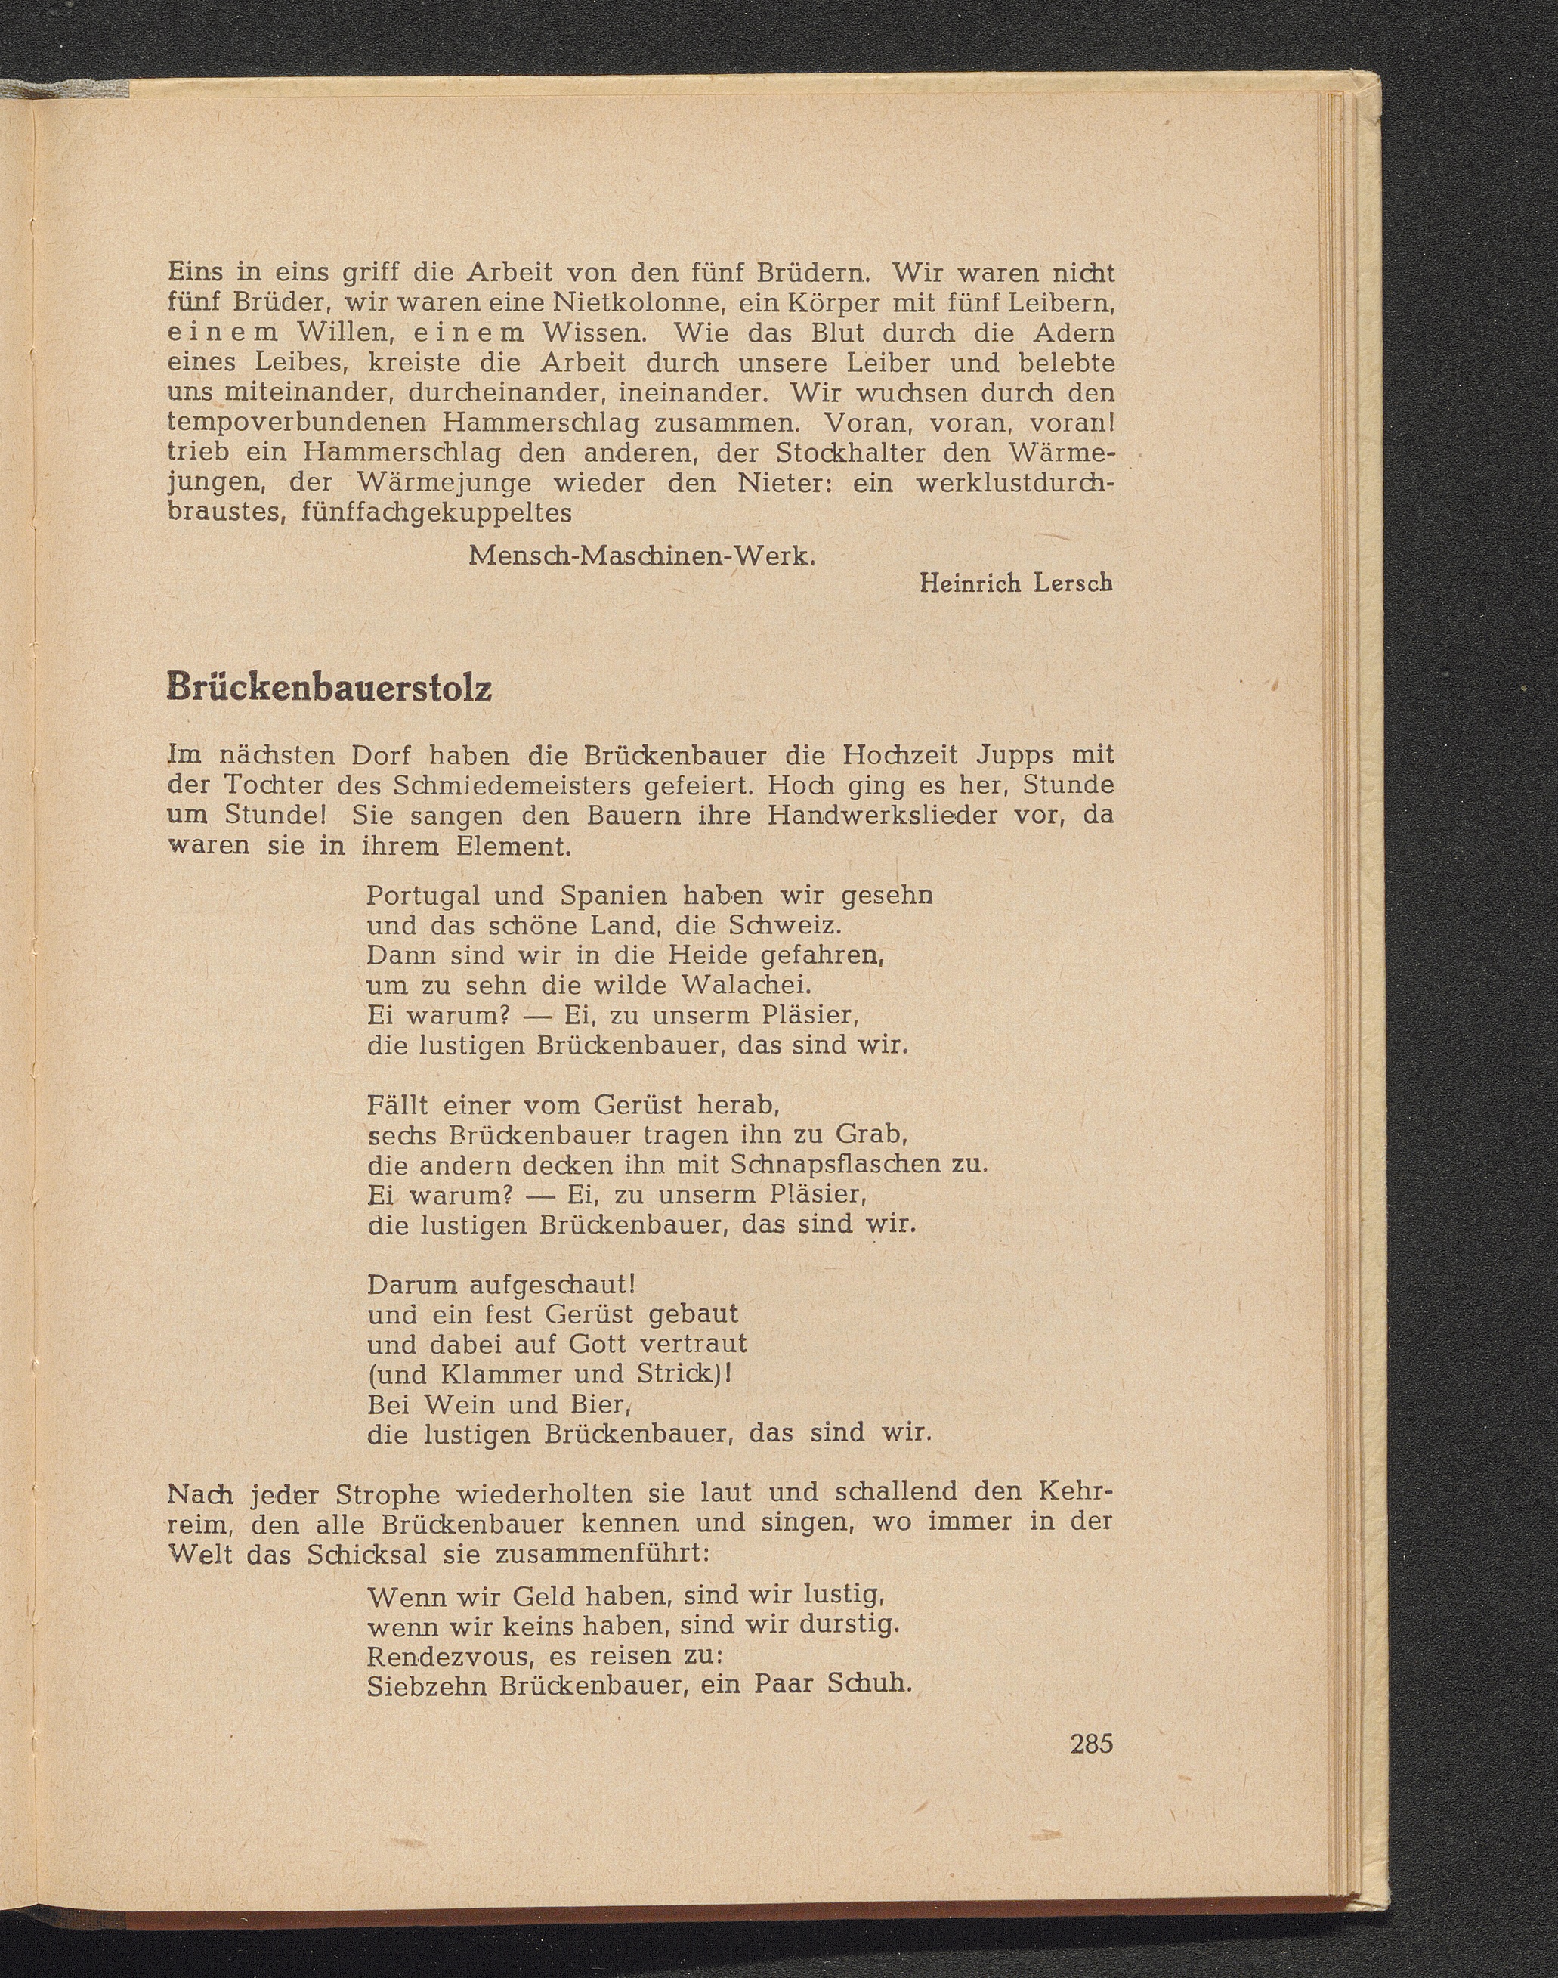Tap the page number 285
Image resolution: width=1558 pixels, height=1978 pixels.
click(x=1092, y=1743)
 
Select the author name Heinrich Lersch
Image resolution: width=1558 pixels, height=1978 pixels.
click(x=1016, y=583)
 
